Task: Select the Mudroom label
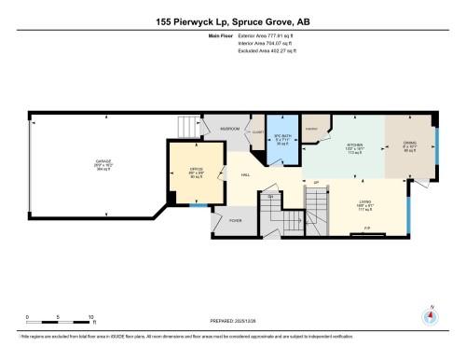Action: (x=230, y=128)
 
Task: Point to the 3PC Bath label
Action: (x=281, y=137)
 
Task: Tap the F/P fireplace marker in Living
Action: (x=366, y=228)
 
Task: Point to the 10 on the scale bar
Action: (x=90, y=316)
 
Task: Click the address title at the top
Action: (x=233, y=21)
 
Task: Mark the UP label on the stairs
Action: (x=317, y=182)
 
